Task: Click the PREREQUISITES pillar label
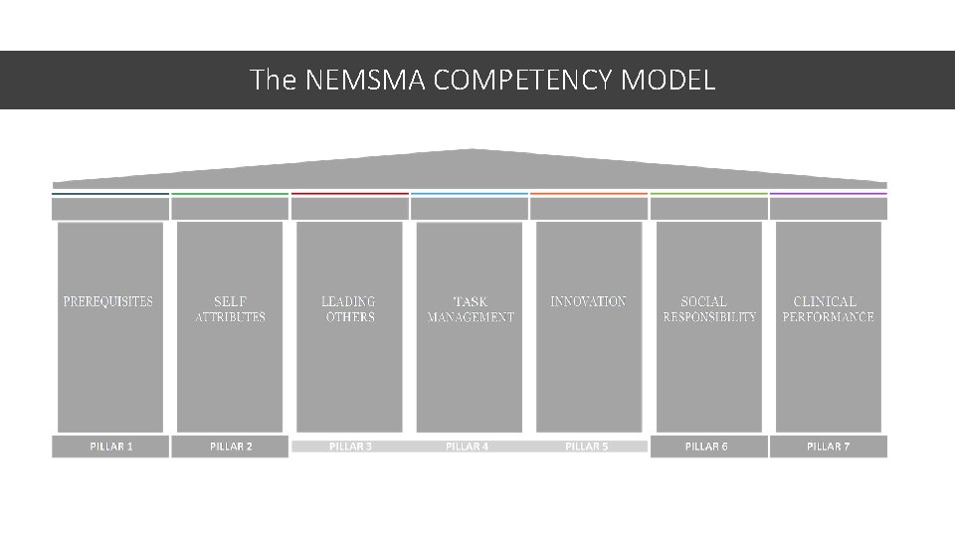108,301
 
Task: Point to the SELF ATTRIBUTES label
230,309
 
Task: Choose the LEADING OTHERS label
349,309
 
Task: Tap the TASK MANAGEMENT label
471,309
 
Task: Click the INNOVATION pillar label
589,301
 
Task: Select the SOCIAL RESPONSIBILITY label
708,309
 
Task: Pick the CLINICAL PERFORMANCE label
828,309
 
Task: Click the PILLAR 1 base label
110,447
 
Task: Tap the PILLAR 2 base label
231,447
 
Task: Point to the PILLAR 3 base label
350,447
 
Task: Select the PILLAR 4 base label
468,447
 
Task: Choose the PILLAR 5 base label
587,447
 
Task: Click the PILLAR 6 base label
706,447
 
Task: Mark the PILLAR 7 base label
828,447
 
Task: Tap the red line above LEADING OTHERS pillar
349,193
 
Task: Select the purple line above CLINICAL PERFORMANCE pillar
828,193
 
